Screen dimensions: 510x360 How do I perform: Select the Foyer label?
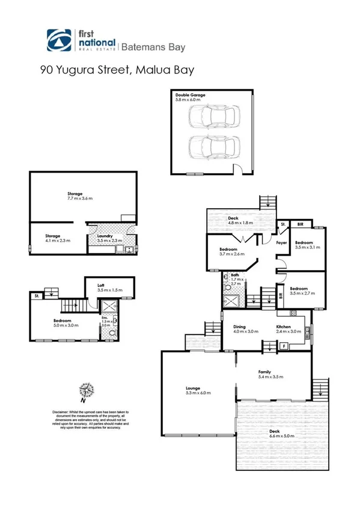[x=281, y=242]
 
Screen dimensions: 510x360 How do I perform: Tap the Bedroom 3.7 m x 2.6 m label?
[x=228, y=251]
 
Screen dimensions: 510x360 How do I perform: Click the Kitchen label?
[x=284, y=328]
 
